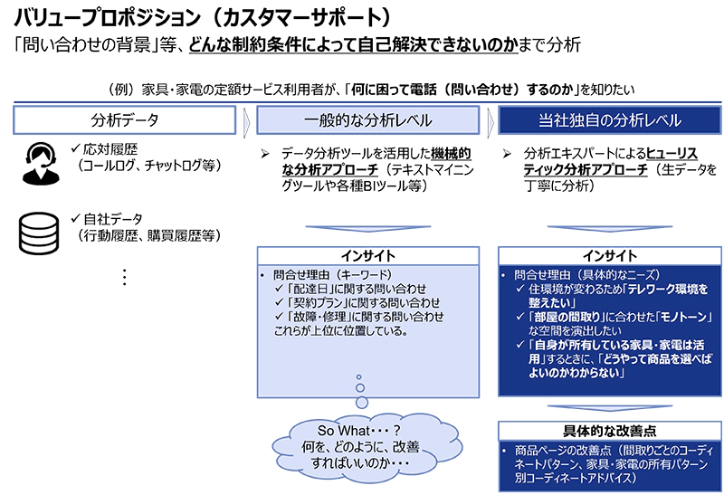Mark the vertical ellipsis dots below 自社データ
coord(124,277)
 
